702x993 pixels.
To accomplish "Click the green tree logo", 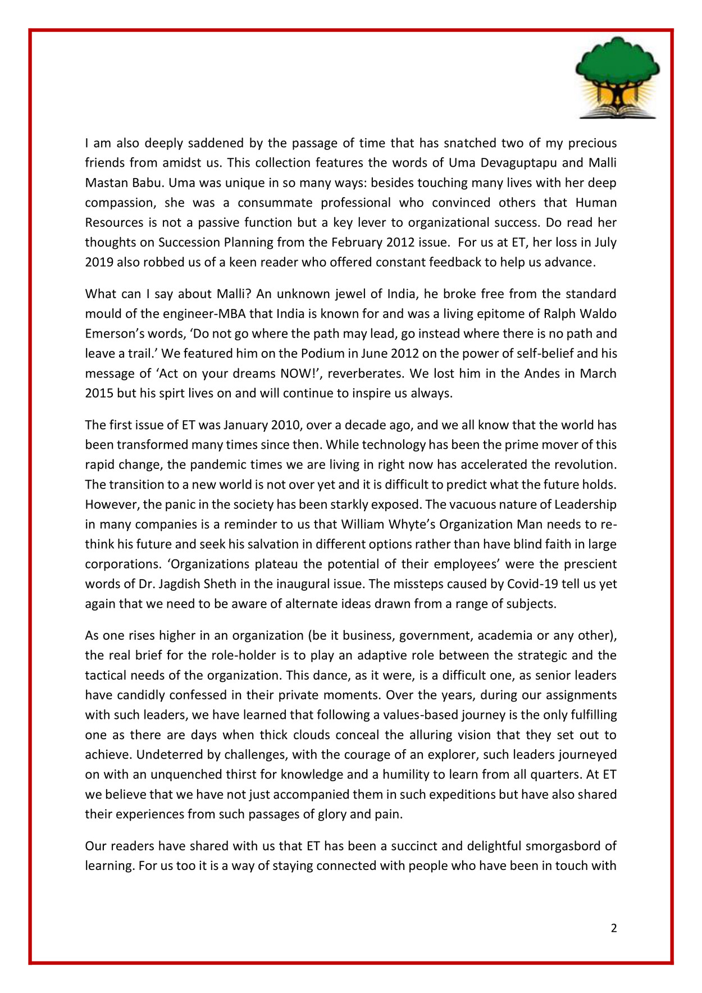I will [617, 77].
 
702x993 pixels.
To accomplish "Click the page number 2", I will [613, 928].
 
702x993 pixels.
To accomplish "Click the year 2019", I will [99, 262].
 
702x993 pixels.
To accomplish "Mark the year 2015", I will [99, 393].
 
